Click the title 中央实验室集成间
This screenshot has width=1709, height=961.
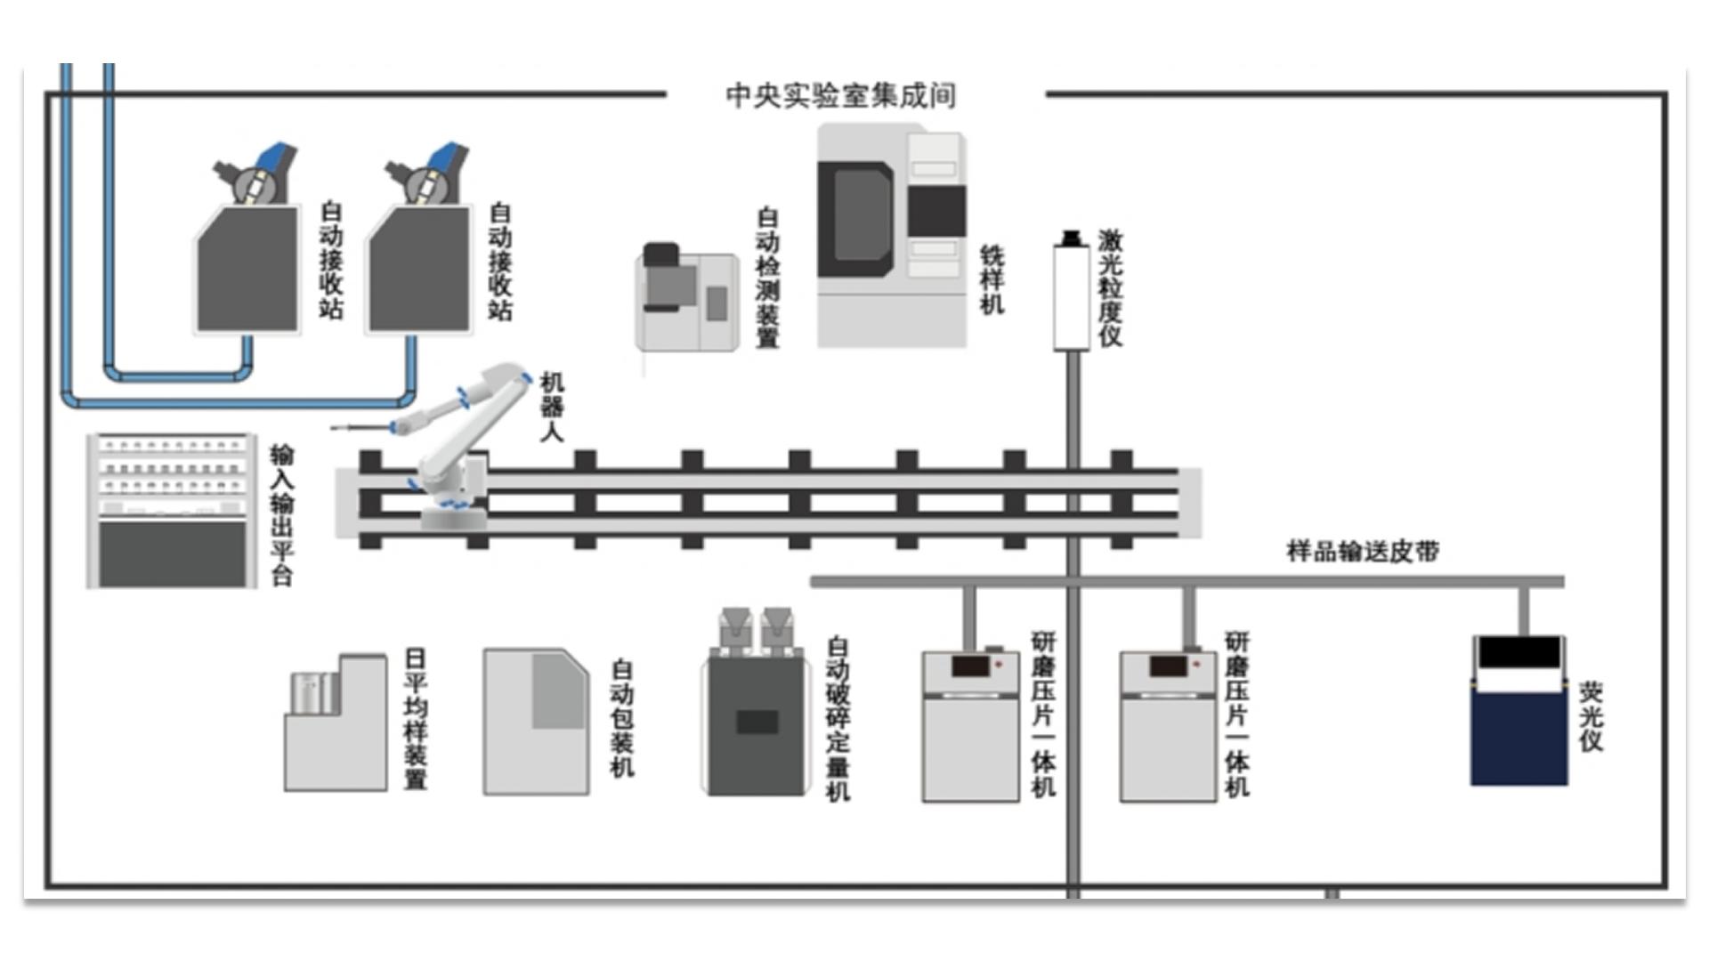click(x=841, y=95)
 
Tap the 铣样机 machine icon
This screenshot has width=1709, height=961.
click(x=891, y=236)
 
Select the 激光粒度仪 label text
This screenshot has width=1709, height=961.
click(x=1110, y=287)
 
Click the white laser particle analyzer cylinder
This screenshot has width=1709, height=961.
click(x=1072, y=297)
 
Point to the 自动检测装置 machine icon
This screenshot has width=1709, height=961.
click(x=687, y=299)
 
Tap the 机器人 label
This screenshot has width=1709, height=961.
click(x=552, y=407)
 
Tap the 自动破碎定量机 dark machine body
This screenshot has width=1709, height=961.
click(x=757, y=725)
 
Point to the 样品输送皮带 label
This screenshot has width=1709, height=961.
click(x=1363, y=551)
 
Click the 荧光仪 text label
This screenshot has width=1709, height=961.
click(x=1591, y=716)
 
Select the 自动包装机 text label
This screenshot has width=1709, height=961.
click(x=622, y=718)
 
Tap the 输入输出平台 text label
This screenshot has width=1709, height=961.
click(x=282, y=515)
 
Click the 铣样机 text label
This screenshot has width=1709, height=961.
click(x=992, y=279)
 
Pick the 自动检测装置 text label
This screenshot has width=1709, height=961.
click(x=767, y=278)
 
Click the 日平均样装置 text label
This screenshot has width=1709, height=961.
click(x=416, y=718)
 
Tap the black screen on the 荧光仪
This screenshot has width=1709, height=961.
click(x=1519, y=653)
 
